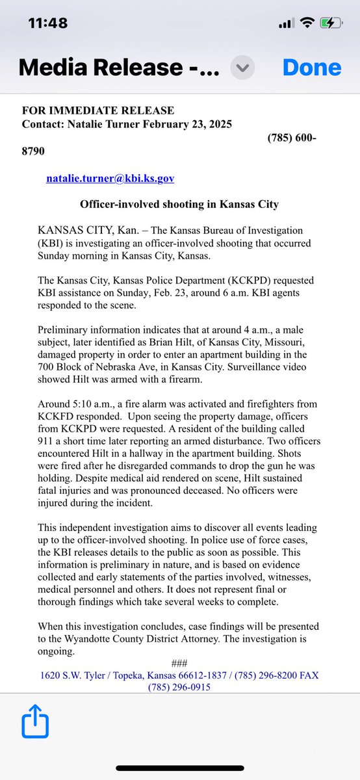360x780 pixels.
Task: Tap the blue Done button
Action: pyautogui.click(x=312, y=68)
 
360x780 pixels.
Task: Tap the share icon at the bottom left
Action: pyautogui.click(x=31, y=723)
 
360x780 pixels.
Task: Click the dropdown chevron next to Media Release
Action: pyautogui.click(x=244, y=68)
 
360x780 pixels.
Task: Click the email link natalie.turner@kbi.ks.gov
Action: pyautogui.click(x=110, y=177)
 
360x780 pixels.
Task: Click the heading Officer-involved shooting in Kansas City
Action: pyautogui.click(x=179, y=204)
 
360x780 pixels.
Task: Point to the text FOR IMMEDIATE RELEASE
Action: pyautogui.click(x=98, y=111)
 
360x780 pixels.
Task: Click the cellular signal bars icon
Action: pyautogui.click(x=286, y=23)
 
